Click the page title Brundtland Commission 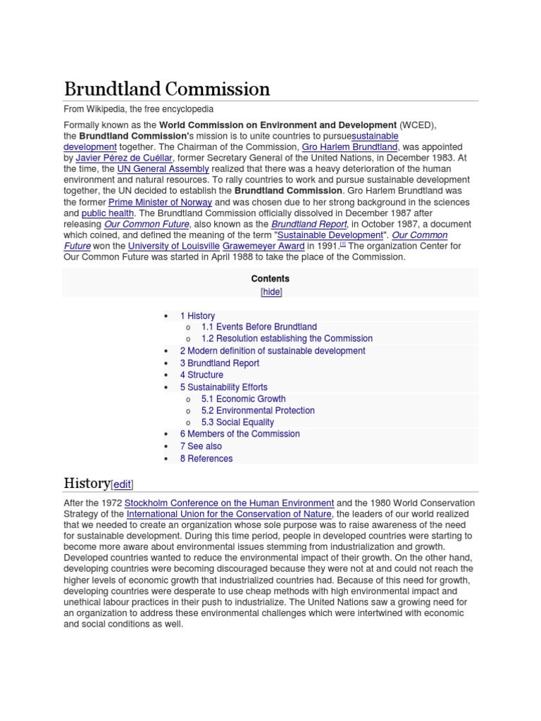(167, 89)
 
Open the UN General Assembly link (163, 169)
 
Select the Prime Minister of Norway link (160, 202)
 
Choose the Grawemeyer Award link (263, 246)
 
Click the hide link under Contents (270, 291)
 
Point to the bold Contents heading (270, 279)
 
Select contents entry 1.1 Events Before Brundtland (259, 327)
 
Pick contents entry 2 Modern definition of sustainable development (272, 351)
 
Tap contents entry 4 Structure (201, 375)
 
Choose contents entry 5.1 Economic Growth (243, 399)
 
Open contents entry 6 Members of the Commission (240, 434)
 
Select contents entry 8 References (206, 458)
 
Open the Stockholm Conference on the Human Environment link (229, 503)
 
